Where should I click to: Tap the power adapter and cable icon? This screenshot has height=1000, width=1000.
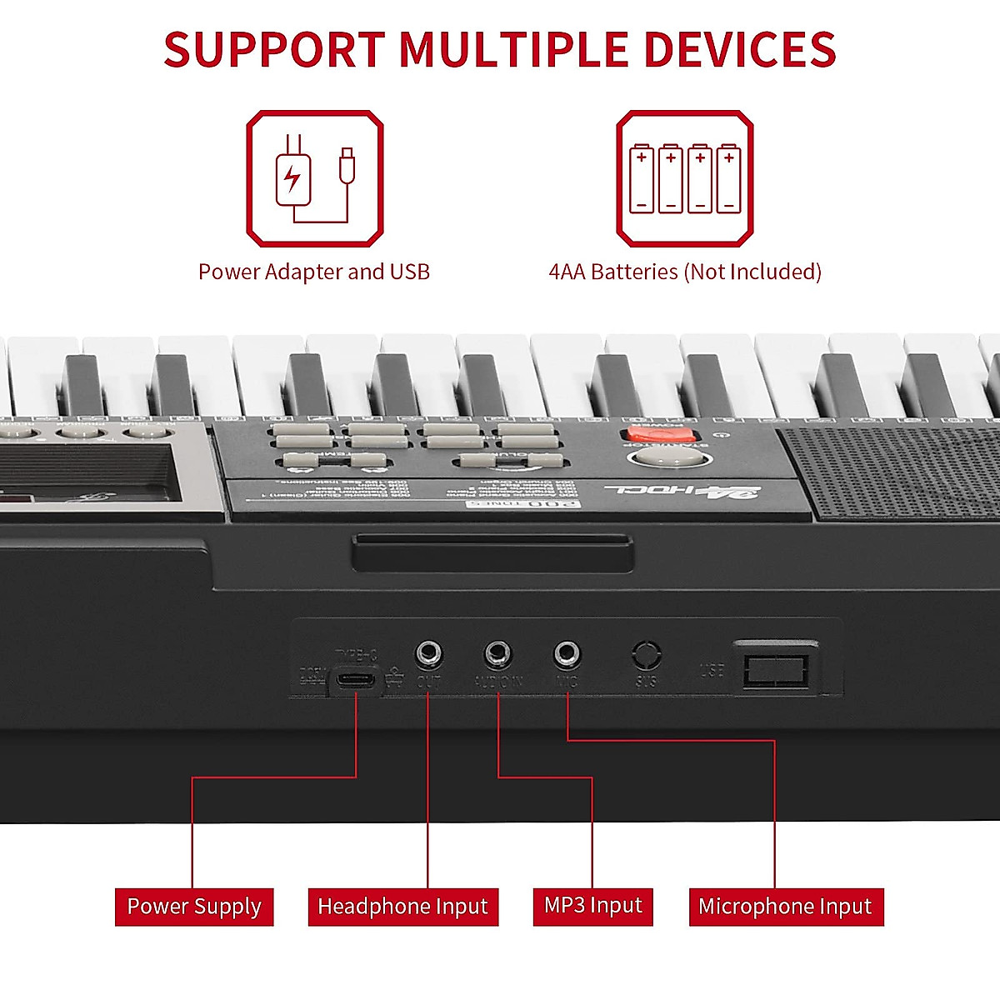coord(315,178)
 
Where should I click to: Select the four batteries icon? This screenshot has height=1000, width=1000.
coord(685,178)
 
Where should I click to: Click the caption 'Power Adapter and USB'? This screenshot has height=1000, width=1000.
coord(314,272)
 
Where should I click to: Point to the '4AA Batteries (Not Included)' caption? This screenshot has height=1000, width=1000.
coord(685,272)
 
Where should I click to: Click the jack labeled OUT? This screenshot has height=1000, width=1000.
coord(428,653)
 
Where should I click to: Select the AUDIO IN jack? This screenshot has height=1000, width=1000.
coord(498,653)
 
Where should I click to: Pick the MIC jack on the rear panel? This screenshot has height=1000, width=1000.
coord(567,653)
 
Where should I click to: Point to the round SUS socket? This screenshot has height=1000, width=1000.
coord(647,655)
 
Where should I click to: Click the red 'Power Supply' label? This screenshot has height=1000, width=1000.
coord(194,906)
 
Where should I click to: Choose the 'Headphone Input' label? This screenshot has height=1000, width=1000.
coord(402,906)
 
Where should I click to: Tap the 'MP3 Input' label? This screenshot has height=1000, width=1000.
coord(592,905)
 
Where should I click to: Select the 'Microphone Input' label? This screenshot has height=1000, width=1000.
coord(785,906)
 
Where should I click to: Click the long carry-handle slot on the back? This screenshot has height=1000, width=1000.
coord(492,554)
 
